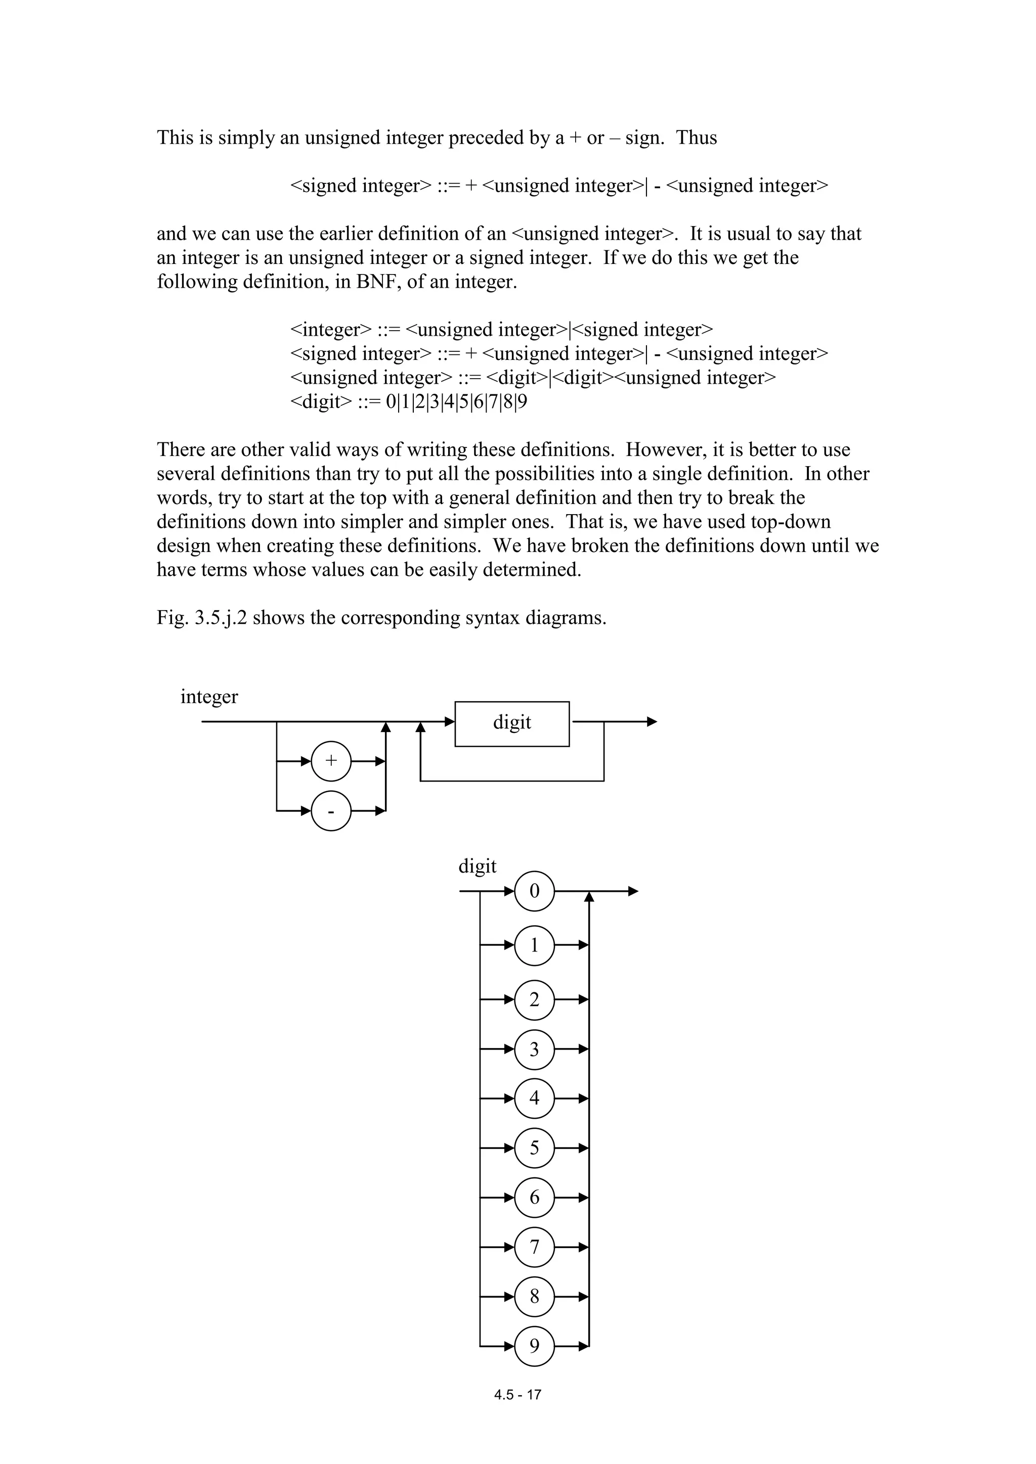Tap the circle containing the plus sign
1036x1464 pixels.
(331, 761)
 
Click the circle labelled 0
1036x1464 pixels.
(534, 891)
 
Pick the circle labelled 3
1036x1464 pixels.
(534, 1049)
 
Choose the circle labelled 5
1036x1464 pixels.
(534, 1148)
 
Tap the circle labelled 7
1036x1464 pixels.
(534, 1247)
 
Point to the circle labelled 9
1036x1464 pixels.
(534, 1346)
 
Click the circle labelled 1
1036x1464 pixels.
(534, 945)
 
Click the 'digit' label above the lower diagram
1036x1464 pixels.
(477, 866)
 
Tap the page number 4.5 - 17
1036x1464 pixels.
(517, 1395)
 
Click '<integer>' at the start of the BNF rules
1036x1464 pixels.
(330, 330)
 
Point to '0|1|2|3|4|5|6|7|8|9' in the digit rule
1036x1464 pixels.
(457, 402)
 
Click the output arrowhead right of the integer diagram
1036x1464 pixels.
(652, 722)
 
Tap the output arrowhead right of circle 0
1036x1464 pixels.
(633, 891)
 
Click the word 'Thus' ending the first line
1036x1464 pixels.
(697, 138)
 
